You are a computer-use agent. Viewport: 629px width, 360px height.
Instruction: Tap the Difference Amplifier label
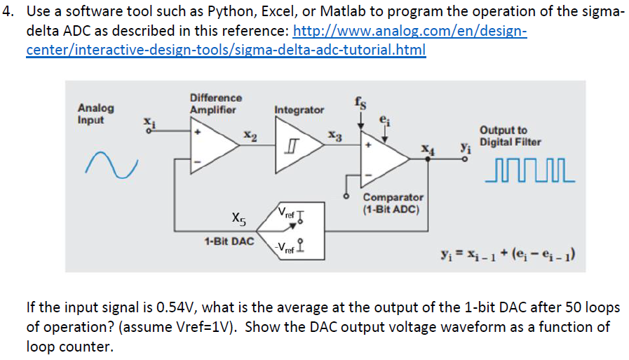coord(215,104)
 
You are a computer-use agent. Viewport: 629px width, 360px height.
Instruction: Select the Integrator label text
coord(299,110)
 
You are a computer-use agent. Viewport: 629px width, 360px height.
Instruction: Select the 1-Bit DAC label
coord(229,241)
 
